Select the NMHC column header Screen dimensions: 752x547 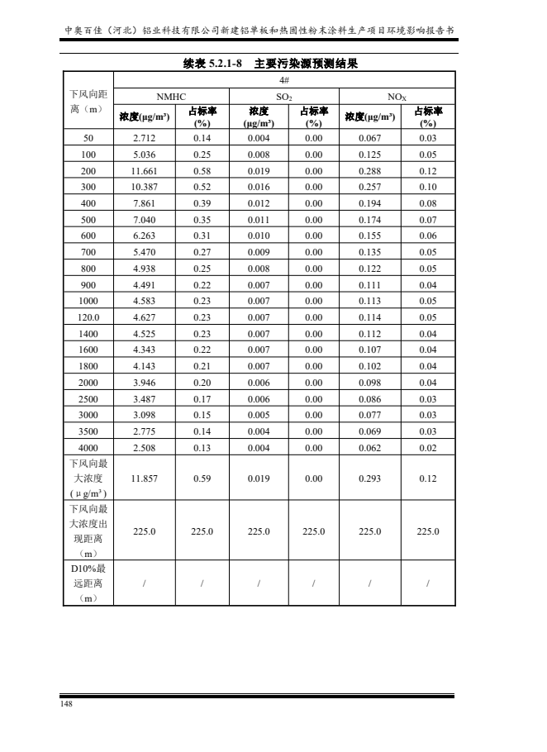pos(171,96)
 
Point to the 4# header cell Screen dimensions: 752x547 pos(283,81)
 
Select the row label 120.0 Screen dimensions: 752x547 pos(88,317)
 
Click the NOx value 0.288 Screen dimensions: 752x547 pos(369,170)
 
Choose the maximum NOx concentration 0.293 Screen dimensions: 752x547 pos(369,478)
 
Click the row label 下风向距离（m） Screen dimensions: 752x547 pos(88,102)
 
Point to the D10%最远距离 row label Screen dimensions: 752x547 pos(88,584)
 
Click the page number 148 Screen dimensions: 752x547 pos(66,704)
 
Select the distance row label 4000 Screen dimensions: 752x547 pos(88,448)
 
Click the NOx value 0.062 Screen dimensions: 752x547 pos(369,448)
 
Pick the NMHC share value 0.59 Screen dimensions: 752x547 pos(202,478)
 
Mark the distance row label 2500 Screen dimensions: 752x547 pos(88,399)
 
